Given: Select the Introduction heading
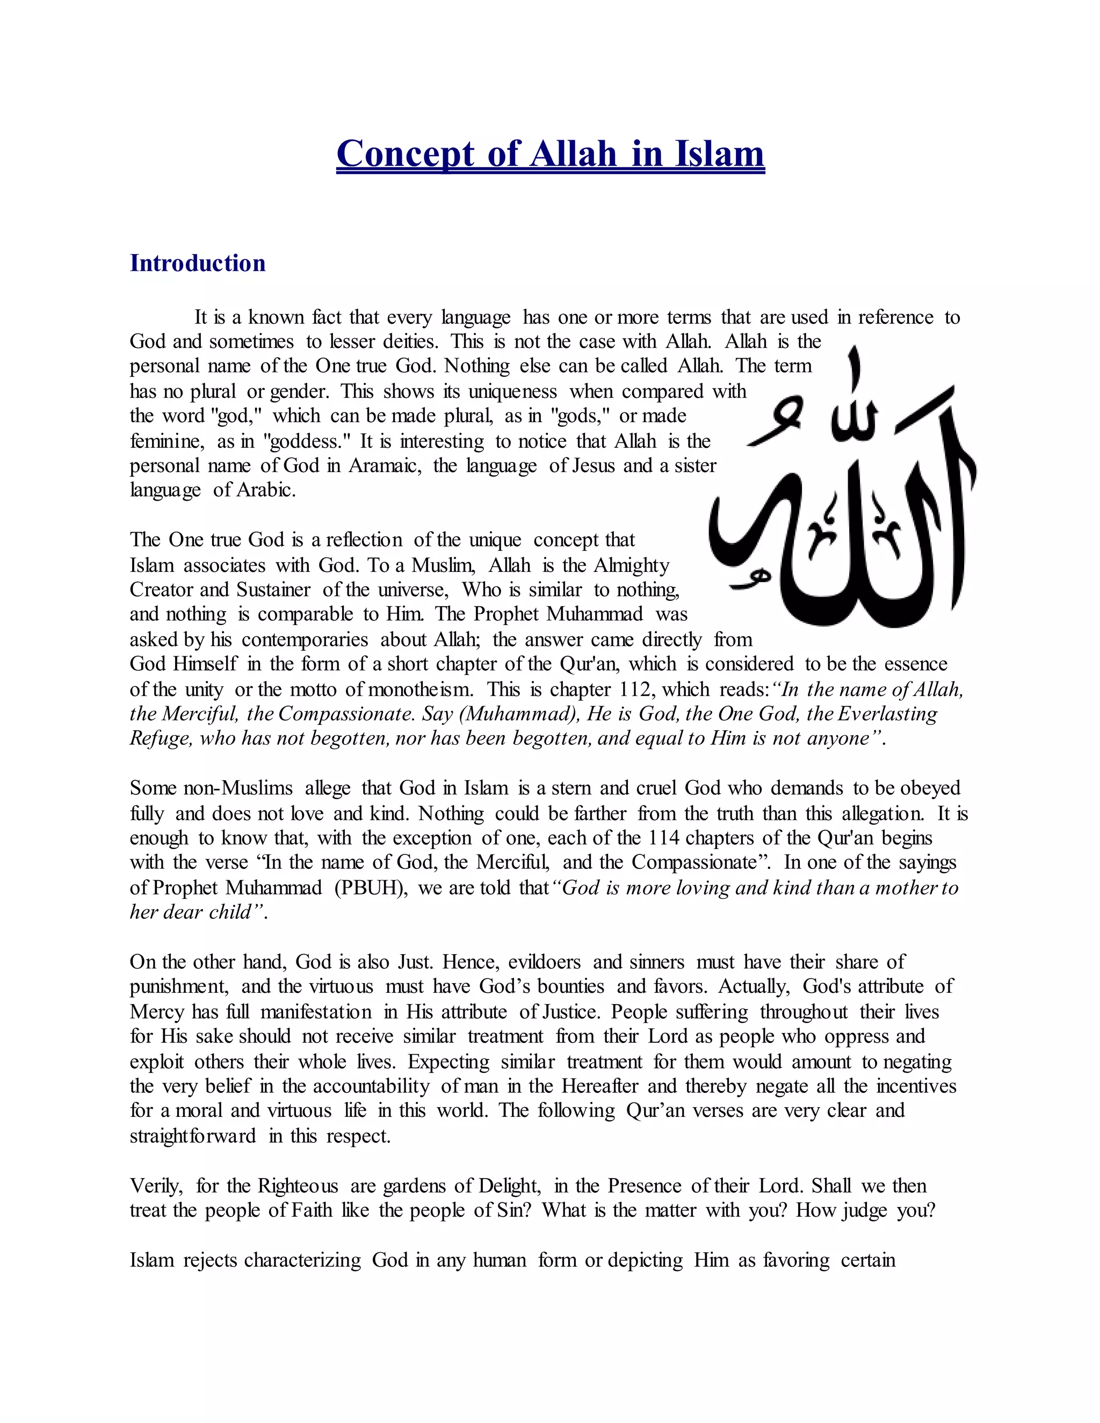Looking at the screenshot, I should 198,263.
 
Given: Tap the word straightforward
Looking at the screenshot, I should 193,1136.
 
